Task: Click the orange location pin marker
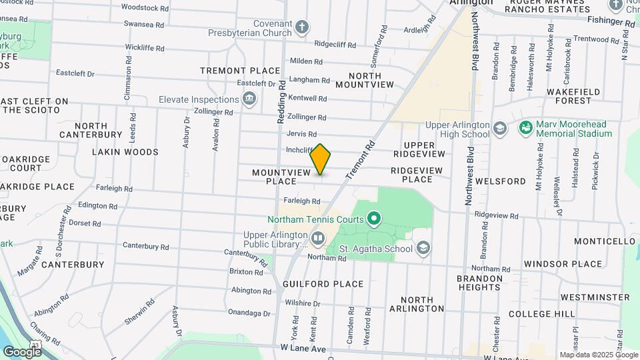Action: (321, 159)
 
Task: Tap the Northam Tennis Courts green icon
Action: (374, 218)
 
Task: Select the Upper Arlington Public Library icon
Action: (318, 238)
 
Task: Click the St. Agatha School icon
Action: (423, 249)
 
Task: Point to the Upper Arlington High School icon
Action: (500, 127)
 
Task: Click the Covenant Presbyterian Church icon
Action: (302, 27)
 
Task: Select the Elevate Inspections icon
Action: (250, 99)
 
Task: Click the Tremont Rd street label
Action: (361, 159)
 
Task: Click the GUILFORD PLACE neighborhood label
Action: (323, 284)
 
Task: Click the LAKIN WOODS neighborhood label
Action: (125, 152)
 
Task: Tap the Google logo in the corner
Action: (21, 351)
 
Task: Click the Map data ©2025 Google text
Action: (599, 355)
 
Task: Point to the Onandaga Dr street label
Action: (249, 312)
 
